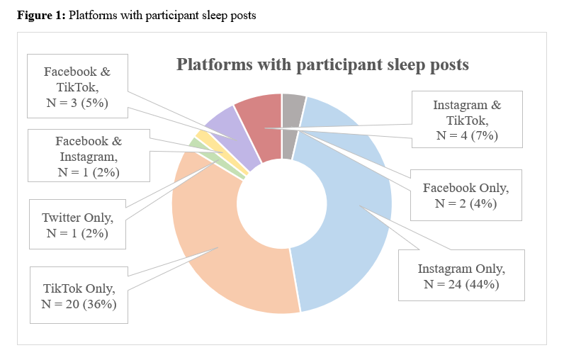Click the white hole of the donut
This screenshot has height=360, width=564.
pyautogui.click(x=281, y=203)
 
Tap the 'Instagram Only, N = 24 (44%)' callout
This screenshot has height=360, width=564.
pyautogui.click(x=461, y=275)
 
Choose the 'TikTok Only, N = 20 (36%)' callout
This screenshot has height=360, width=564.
pyautogui.click(x=79, y=296)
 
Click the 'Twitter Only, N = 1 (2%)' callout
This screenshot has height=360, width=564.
pyautogui.click(x=77, y=225)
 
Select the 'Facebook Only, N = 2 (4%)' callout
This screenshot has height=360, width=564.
pyautogui.click(x=466, y=196)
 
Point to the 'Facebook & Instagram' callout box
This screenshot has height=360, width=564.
pyautogui.click(x=89, y=156)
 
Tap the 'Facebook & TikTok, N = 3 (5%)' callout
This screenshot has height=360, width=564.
pyautogui.click(x=77, y=86)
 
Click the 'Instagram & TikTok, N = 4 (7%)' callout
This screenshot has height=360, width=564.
pyautogui.click(x=467, y=119)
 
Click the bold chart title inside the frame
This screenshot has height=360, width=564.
pyautogui.click(x=322, y=64)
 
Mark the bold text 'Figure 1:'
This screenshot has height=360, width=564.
pyautogui.click(x=41, y=16)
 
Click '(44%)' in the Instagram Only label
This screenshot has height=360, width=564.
pyautogui.click(x=482, y=284)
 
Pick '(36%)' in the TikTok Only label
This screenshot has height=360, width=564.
pyautogui.click(x=100, y=304)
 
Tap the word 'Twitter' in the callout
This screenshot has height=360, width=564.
pyautogui.click(x=61, y=218)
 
